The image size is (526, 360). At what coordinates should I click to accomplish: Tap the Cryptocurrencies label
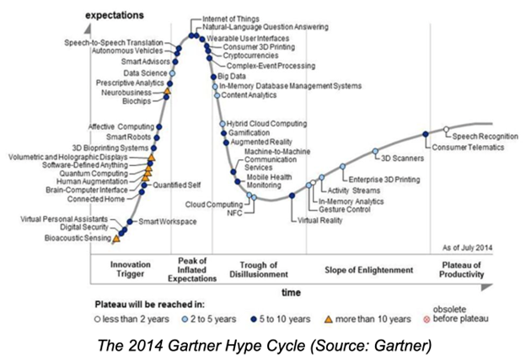coord(250,56)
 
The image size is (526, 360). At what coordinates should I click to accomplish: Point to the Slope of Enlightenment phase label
coord(368,271)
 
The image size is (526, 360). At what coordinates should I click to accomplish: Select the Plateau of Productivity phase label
coord(462,271)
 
